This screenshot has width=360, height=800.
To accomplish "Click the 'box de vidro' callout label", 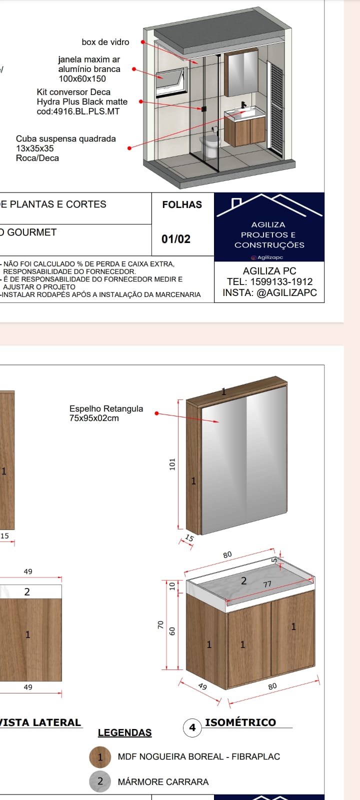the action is [x=105, y=42].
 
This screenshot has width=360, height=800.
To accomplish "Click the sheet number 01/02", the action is [x=176, y=239].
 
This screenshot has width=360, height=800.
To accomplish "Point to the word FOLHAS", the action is [x=182, y=204].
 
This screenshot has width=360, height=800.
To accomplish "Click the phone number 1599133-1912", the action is [x=281, y=282].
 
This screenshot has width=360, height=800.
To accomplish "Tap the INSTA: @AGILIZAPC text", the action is [x=269, y=293].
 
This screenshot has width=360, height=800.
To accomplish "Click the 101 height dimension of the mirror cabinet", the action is [x=173, y=464].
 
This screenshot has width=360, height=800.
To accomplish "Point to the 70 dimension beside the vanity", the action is [x=160, y=624].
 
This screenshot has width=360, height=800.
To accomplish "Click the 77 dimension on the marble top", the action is [x=267, y=584].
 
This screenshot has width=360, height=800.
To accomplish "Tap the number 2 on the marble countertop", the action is [x=244, y=580].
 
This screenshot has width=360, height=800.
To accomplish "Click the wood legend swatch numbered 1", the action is [x=100, y=757].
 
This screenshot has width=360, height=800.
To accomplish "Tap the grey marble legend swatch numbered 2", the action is [x=100, y=781].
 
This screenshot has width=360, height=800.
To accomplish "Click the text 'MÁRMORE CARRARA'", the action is [x=163, y=782].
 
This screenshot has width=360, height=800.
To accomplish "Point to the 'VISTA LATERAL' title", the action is [x=40, y=722].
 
